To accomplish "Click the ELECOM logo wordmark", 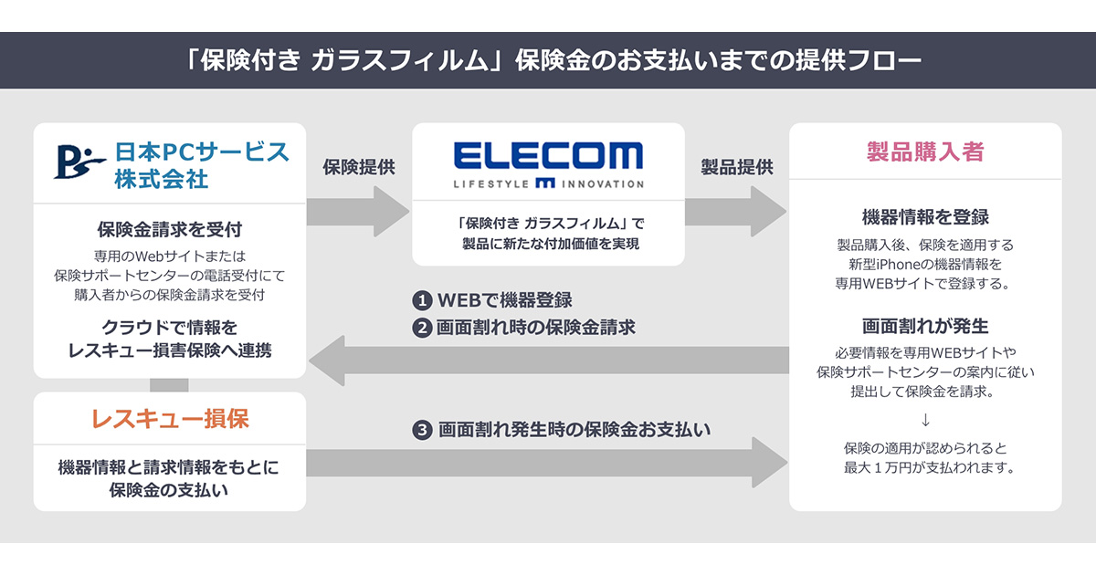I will (x=548, y=155).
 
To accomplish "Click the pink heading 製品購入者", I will (x=924, y=152).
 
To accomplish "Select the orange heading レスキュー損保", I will (x=170, y=419).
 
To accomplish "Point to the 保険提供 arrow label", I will (x=358, y=167).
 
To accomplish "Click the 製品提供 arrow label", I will (x=736, y=167).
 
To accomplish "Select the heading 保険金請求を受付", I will (x=170, y=229).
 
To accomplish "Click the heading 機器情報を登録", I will (x=924, y=217).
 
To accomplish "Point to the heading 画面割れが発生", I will (x=924, y=326).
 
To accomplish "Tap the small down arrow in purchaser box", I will (x=924, y=420).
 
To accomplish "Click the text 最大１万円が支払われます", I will (x=924, y=468).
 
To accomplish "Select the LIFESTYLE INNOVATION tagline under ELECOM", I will (x=548, y=183).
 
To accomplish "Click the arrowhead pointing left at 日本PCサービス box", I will (x=324, y=361).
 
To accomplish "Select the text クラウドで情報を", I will (x=170, y=327).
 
